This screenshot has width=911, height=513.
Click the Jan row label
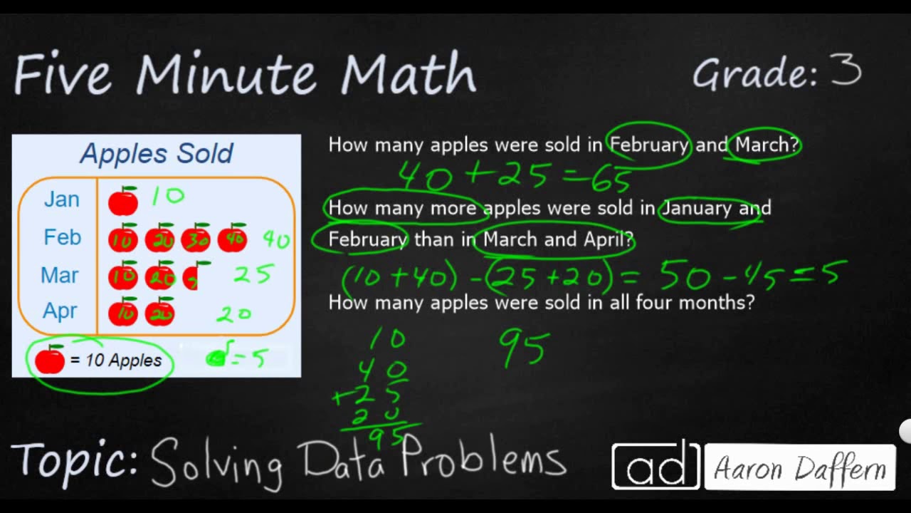(62, 199)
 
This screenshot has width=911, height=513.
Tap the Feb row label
(63, 237)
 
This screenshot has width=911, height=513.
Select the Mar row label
(60, 275)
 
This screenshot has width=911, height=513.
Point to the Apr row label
(60, 311)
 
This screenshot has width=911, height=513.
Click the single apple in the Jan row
(123, 202)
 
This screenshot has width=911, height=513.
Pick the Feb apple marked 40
(232, 239)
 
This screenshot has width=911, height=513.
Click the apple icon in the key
(50, 361)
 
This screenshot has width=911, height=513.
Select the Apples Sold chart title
(157, 153)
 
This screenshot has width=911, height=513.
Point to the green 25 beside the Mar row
(253, 274)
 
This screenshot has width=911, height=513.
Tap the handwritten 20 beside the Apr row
(234, 313)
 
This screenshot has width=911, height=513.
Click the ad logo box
(655, 466)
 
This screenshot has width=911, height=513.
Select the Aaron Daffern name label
(799, 469)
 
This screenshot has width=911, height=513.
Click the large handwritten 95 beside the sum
(524, 348)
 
